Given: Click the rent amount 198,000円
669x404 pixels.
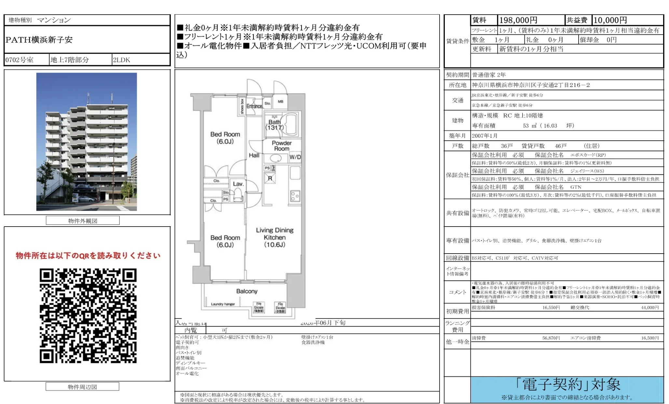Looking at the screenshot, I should (518, 20).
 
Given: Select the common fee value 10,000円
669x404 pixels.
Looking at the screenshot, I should (610, 20).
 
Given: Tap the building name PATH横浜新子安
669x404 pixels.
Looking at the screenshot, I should (39, 40).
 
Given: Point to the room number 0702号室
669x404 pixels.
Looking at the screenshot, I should (20, 60).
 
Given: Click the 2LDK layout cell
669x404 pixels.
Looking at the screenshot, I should (121, 60).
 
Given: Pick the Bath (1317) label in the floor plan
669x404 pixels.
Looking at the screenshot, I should (275, 125).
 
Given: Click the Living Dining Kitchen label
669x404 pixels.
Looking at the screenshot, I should (275, 237).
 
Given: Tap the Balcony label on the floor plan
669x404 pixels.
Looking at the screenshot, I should (247, 291).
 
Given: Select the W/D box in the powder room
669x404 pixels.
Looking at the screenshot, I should (295, 157).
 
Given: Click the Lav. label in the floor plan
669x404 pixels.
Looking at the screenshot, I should (238, 184).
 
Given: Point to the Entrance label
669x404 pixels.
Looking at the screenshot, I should (254, 106).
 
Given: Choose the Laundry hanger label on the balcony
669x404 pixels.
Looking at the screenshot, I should (223, 304).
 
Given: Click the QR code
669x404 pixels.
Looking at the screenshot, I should (88, 315).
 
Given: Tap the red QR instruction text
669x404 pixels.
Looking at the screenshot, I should (88, 256).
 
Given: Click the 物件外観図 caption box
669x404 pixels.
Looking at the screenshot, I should (83, 221).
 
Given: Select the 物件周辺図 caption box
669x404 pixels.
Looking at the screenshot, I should (82, 387).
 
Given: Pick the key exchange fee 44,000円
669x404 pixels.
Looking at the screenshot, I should (649, 308).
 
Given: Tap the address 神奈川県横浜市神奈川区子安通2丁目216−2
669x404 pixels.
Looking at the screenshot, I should (531, 85).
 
